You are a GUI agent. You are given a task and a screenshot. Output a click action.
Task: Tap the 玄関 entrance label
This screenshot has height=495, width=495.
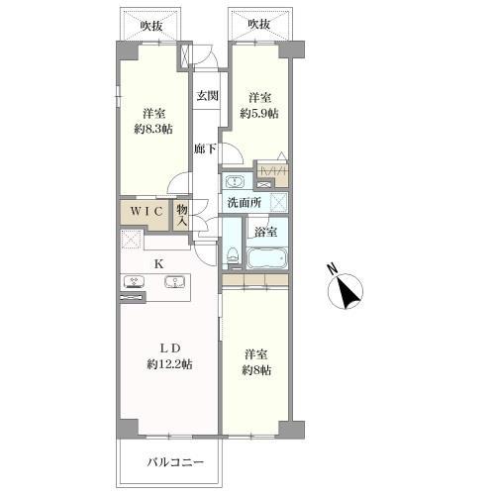[x=206, y=96]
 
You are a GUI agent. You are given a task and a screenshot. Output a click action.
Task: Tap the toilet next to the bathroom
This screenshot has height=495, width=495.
[x=233, y=254]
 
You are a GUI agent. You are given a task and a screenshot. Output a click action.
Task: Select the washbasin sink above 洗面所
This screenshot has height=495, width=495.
[x=235, y=181]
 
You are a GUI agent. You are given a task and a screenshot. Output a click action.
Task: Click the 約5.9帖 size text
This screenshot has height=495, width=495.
[x=261, y=113]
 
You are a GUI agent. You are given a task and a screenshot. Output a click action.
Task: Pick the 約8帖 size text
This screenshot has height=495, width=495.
[x=254, y=370]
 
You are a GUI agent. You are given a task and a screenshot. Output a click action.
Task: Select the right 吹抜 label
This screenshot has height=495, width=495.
[x=259, y=24]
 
